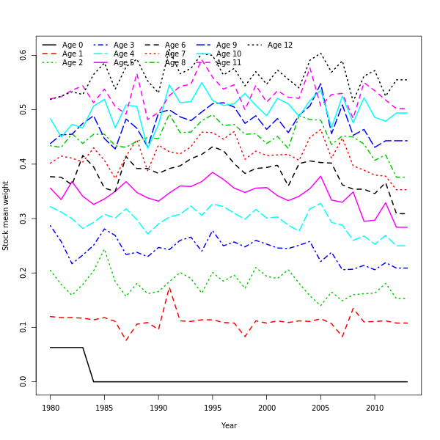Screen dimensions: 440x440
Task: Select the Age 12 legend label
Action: (279, 45)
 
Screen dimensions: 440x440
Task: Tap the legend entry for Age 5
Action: (124, 63)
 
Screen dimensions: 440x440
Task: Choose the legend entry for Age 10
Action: (228, 54)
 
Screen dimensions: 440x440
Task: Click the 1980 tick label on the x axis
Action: (51, 407)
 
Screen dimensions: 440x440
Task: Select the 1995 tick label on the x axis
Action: (213, 407)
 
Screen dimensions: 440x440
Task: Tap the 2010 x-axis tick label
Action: (375, 407)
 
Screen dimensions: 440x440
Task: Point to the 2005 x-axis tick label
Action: (320, 407)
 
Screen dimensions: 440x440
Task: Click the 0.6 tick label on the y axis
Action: (23, 56)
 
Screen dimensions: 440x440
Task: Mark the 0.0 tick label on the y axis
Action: (23, 381)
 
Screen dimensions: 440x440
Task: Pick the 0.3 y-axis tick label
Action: (23, 219)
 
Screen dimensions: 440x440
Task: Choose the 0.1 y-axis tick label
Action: (23, 327)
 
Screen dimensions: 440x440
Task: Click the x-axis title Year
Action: (229, 425)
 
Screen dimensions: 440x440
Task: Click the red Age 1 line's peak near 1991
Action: (169, 287)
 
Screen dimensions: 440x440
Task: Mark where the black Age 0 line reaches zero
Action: (94, 381)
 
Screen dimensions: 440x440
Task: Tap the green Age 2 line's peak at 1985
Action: (105, 249)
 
